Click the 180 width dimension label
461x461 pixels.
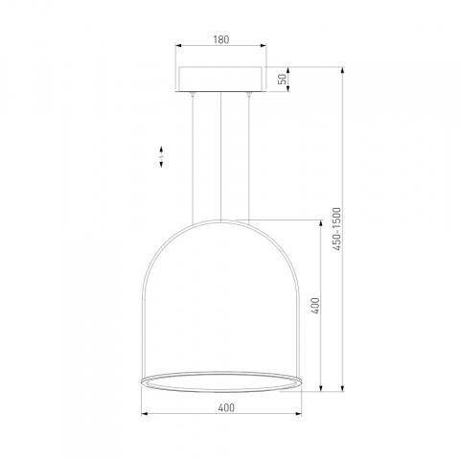click(x=221, y=39)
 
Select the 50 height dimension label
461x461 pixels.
click(x=283, y=79)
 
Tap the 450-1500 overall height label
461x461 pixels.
click(x=336, y=229)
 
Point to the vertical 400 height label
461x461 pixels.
click(x=315, y=306)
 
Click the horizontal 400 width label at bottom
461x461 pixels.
click(x=226, y=407)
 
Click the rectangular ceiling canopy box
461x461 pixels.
click(x=220, y=80)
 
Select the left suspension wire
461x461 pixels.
click(x=193, y=159)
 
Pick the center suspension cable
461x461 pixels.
click(x=220, y=156)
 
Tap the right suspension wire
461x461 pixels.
click(x=248, y=158)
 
